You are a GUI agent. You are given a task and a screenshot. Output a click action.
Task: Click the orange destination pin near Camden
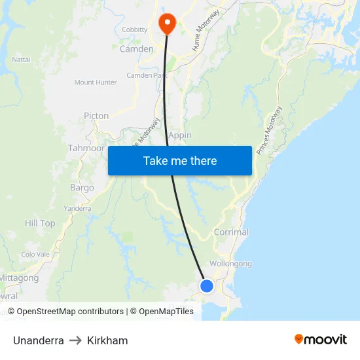[x=167, y=24]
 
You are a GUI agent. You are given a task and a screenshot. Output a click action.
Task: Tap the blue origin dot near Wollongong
[x=207, y=285]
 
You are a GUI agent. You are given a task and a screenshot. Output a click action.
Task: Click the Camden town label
[x=136, y=48]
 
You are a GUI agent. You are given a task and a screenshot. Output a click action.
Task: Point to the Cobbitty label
[x=135, y=29]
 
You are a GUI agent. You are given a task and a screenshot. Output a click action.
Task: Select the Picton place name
[x=96, y=116]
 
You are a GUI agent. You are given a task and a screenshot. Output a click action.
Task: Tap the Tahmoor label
[x=86, y=148]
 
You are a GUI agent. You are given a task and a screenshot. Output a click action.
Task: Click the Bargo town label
[x=82, y=188]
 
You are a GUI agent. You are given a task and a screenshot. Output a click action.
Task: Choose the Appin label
[x=180, y=135]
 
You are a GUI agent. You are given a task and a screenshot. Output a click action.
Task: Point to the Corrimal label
[x=231, y=232]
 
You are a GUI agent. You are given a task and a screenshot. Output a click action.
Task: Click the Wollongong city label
[x=230, y=264]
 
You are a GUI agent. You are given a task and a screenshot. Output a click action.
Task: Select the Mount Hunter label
[x=96, y=82]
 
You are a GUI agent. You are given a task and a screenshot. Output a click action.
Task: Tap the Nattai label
[x=22, y=60]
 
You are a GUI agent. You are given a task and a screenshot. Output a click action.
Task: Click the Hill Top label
[x=40, y=223]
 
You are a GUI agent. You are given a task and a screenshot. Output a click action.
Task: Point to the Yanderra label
[x=77, y=208]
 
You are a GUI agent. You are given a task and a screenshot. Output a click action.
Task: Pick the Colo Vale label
[x=35, y=254]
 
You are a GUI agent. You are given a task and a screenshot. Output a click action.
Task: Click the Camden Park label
[x=147, y=76]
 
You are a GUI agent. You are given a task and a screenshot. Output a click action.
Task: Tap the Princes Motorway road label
[x=270, y=130]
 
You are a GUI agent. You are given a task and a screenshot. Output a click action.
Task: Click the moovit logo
[x=320, y=340]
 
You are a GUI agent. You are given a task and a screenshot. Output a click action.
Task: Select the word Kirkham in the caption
[x=107, y=340]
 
